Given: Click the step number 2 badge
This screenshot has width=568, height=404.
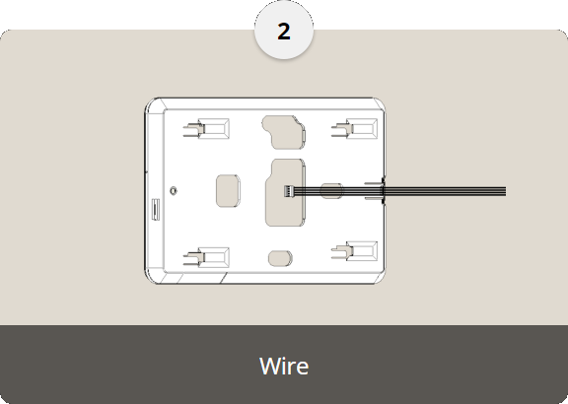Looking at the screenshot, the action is pos(284,31).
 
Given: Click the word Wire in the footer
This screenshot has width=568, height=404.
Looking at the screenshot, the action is pos(284,366).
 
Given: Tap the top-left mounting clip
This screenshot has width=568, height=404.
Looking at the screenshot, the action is pos(206,129).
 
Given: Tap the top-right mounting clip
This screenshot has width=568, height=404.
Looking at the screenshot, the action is pos(354,129).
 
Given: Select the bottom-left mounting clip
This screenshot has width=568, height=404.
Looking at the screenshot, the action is pos(206,257).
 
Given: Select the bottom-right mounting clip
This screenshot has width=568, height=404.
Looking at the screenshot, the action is pos(354,251).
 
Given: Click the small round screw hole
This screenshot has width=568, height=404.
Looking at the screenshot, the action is pos(174,190).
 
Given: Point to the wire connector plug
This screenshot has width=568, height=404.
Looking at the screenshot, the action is pos(289,191).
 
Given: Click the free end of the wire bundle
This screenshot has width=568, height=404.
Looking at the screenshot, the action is pos(505,191).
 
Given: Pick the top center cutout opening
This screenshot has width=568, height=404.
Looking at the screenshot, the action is pos(284,132).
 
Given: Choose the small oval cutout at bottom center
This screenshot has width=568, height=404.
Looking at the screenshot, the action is pos(280,258).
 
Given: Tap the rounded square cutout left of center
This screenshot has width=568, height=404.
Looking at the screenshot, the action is pos(228,191).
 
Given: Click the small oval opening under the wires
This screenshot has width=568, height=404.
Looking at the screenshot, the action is pos(331,191).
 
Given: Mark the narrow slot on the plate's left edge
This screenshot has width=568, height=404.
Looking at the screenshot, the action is pos(156,209).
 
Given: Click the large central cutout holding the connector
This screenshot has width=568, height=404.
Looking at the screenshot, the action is pos(285,192).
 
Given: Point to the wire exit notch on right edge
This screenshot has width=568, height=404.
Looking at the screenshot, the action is pos(383,191).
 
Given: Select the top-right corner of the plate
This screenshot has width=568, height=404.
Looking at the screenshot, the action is pos(379,103).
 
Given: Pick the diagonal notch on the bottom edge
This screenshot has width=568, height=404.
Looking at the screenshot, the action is pos(224,278).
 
